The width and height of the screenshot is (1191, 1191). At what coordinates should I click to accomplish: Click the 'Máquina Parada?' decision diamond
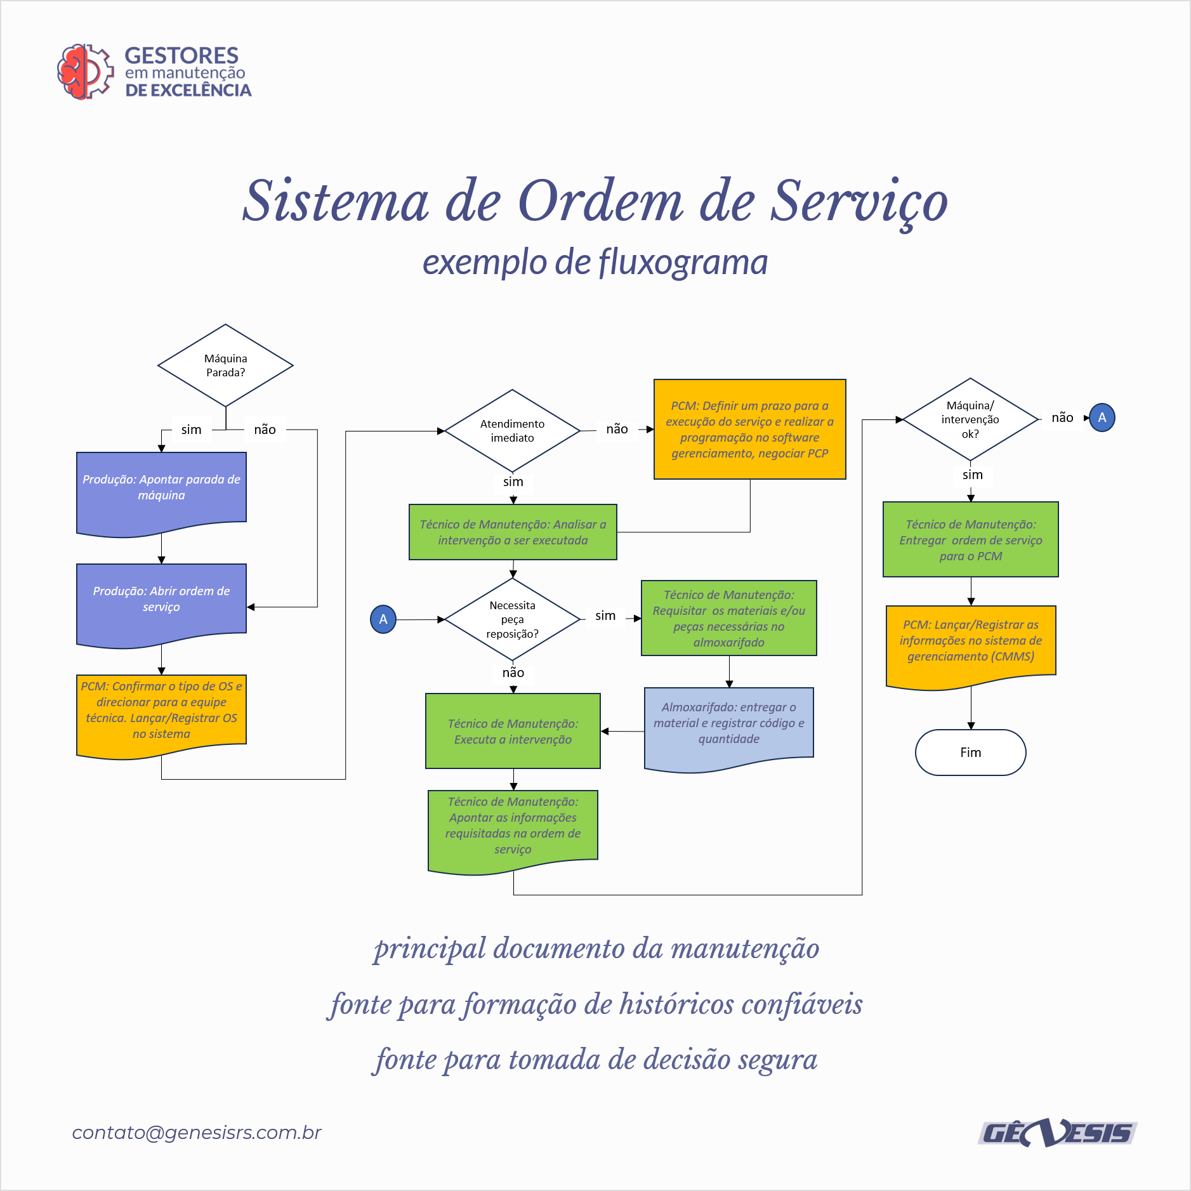coord(225,365)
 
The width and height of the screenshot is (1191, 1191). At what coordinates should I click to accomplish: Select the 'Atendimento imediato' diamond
coord(512,431)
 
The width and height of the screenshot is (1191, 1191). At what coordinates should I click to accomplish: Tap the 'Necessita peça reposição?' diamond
coord(512,619)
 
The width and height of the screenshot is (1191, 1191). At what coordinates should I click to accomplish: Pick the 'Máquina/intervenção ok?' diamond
coord(970,419)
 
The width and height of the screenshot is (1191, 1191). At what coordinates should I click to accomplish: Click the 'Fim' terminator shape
coord(970,753)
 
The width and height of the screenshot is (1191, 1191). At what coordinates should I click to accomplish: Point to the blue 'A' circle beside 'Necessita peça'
coord(383,619)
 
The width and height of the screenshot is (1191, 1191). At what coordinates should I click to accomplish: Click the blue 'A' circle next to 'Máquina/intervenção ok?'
coord(1102,418)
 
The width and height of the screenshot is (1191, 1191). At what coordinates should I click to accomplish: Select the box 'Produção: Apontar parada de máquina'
coord(161,492)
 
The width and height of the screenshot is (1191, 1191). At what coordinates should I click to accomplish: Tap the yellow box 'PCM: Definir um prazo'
coord(749,429)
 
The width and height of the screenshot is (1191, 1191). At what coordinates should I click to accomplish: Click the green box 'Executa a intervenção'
coord(513,731)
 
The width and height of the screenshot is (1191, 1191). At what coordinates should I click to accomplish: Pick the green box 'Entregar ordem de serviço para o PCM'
coord(970,539)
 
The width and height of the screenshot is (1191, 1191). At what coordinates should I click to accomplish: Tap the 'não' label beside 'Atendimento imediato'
coord(617,430)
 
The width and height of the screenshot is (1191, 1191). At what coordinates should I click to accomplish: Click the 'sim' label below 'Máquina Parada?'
coord(191,430)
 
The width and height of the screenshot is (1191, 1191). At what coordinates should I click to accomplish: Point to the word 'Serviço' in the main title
coord(859,202)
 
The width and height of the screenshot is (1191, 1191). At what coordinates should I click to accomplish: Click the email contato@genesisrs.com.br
coord(197,1133)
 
